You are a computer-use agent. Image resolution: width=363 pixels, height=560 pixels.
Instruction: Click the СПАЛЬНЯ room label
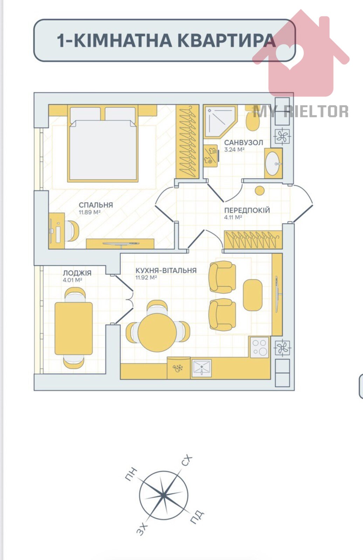pyautogui.click(x=96, y=205)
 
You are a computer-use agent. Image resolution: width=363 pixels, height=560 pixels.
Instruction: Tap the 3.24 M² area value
pyautogui.click(x=234, y=150)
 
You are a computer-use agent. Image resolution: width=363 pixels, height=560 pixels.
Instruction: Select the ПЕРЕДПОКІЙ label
pyautogui.click(x=247, y=210)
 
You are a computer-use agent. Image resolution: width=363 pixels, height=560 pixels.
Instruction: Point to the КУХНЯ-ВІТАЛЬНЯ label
pyautogui.click(x=166, y=270)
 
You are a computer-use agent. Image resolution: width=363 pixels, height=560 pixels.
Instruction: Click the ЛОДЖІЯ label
pyautogui.click(x=77, y=273)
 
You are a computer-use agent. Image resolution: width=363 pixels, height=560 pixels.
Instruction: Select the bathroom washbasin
pyautogui.click(x=273, y=163)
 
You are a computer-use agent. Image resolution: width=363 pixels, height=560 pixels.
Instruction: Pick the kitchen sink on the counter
pyautogui.click(x=201, y=368)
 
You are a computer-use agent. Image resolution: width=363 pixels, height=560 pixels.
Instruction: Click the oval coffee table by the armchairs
pyautogui.click(x=253, y=295)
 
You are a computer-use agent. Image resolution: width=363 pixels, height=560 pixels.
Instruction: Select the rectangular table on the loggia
pyautogui.click(x=74, y=328)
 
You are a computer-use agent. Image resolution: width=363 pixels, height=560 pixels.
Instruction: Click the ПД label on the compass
pyautogui.click(x=197, y=517)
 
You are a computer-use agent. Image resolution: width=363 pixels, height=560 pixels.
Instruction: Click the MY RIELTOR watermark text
pyautogui.click(x=301, y=111)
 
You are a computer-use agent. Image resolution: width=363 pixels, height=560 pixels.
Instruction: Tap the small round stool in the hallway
pyautogui.click(x=260, y=191)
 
